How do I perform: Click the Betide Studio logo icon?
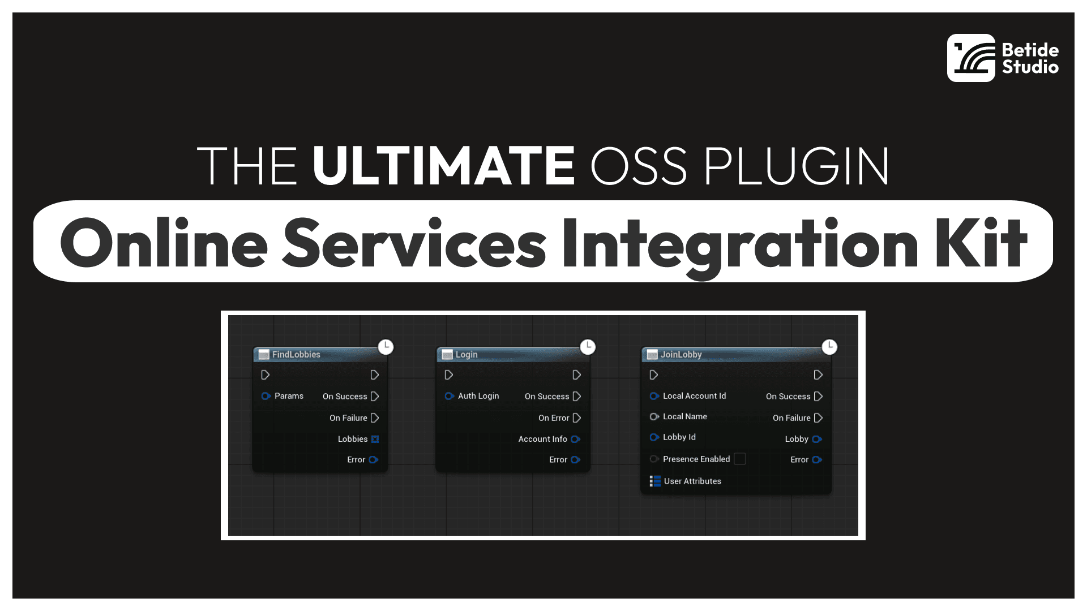point(971,58)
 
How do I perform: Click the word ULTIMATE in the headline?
point(443,166)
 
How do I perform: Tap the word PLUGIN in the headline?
point(797,166)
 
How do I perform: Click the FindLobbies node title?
point(296,354)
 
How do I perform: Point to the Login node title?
point(467,354)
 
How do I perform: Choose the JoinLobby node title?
point(681,354)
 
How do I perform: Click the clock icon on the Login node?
point(588,347)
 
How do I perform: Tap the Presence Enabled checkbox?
point(739,459)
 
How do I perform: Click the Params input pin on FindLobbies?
point(266,396)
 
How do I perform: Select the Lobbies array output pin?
point(375,439)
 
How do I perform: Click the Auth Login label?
point(478,396)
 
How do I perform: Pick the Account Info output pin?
point(576,439)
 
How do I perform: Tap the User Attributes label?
point(692,481)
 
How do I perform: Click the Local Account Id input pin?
point(654,396)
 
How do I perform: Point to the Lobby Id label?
point(679,437)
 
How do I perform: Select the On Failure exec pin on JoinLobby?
point(818,418)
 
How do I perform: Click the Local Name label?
point(685,416)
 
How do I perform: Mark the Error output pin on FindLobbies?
point(374,460)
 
